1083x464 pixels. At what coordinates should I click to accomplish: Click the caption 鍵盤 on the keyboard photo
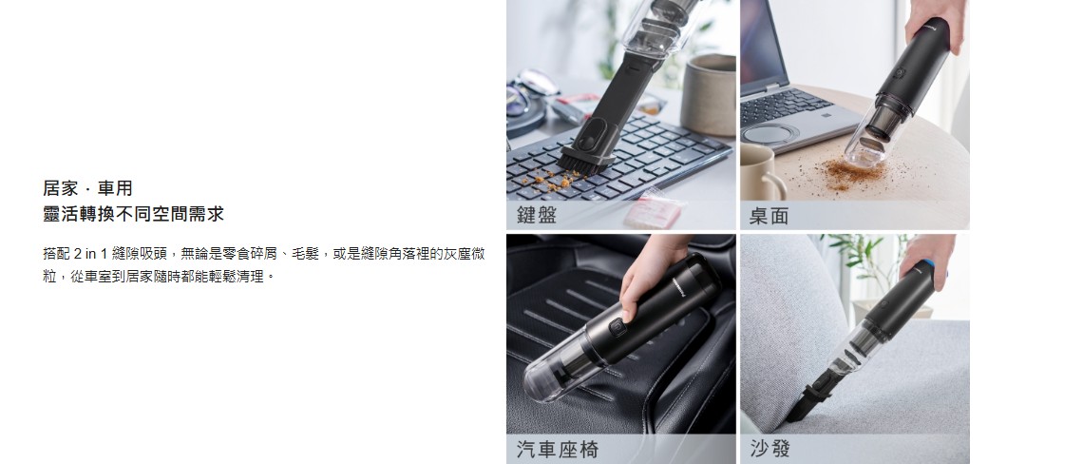537,215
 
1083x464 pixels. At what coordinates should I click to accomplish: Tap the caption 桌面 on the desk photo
769,216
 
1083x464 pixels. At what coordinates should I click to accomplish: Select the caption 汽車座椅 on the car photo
558,450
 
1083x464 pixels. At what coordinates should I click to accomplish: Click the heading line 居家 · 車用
87,188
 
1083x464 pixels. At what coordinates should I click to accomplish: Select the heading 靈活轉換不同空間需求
133,214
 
